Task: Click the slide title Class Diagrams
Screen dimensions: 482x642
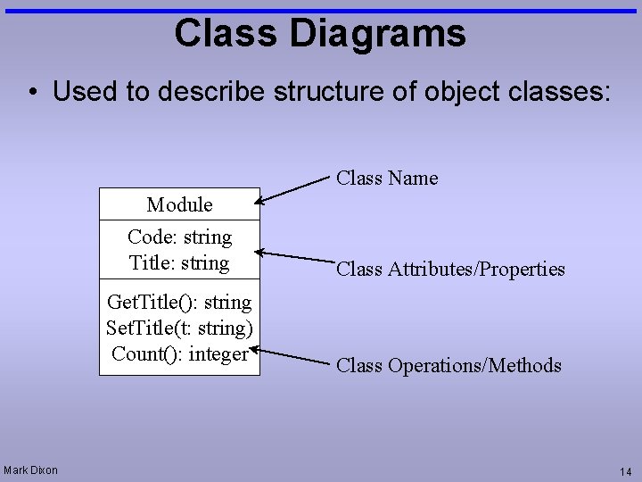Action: (320, 33)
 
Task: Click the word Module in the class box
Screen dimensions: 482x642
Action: (179, 204)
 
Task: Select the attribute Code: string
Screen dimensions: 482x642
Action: (179, 237)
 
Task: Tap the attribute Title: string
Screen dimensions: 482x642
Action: (179, 263)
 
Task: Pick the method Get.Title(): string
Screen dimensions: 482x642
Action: (179, 303)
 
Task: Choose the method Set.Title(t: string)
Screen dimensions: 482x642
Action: (179, 328)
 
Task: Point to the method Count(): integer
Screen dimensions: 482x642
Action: (179, 353)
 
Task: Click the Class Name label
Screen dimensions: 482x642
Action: (387, 178)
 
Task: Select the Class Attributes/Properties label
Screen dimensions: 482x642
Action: (450, 269)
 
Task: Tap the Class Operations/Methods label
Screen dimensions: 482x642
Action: (449, 365)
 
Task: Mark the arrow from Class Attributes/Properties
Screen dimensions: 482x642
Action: (294, 257)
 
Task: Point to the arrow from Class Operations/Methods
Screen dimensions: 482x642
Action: (294, 355)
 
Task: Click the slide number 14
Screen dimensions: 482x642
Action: (625, 471)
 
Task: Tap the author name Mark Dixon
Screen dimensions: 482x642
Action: (31, 470)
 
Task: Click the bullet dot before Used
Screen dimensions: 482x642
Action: (32, 93)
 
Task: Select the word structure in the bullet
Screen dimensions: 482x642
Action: (305, 92)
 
